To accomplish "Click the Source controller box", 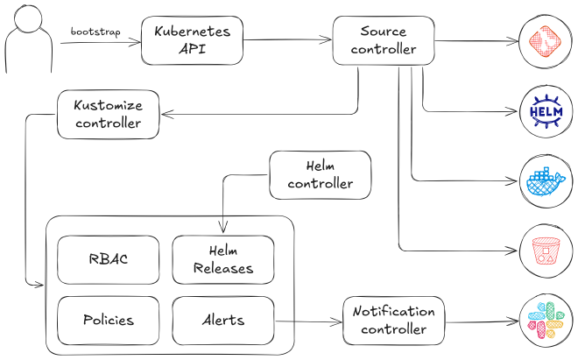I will pos(383,40).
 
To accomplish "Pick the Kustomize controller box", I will pos(108,114).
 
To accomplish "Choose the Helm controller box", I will pos(320,174).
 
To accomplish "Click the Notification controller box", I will pos(393,320).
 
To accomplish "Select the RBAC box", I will pos(109,259).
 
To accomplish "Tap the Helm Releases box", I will pos(223,259).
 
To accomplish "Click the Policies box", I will pos(109,320).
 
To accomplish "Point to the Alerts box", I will pos(223,320).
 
